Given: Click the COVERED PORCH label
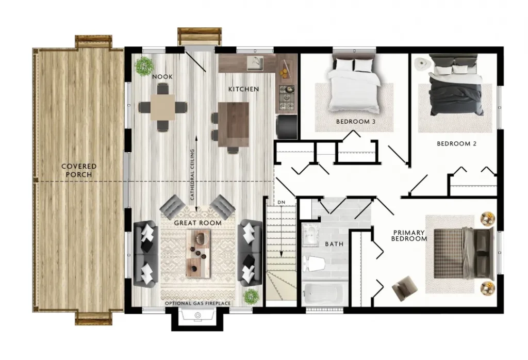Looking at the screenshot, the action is click(79, 170).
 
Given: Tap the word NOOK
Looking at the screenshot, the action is click(162, 77).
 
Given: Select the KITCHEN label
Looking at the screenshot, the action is click(244, 89).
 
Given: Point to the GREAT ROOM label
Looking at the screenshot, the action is click(197, 223).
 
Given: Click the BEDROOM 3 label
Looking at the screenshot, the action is click(356, 122).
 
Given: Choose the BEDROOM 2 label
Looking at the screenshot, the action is click(457, 144).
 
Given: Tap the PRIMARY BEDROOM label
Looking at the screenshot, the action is click(409, 236).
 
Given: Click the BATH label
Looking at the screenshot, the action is click(334, 244).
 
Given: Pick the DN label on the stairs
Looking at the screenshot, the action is click(281, 202).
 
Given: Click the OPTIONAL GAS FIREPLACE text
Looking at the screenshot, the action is click(197, 303).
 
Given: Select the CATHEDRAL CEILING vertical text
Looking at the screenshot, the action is click(192, 175).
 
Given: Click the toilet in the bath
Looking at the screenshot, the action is click(313, 264).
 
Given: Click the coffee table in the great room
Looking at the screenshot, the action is click(199, 254).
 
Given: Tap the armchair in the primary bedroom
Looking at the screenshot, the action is click(405, 288).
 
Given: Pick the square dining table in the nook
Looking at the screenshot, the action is click(162, 107).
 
